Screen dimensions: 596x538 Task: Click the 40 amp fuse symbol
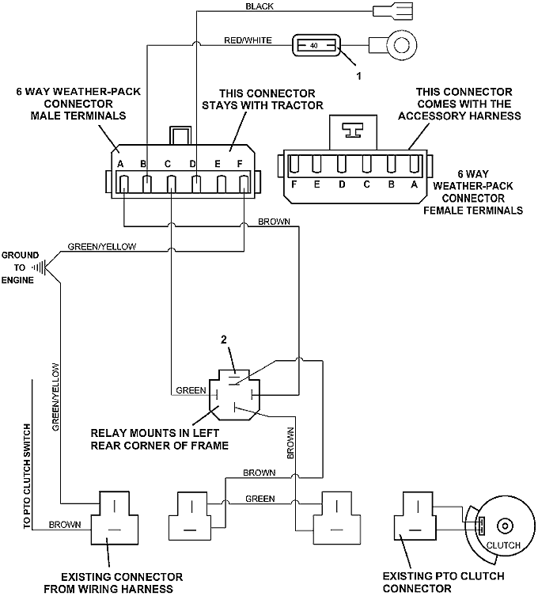coord(315,46)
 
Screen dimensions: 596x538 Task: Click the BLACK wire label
coord(260,6)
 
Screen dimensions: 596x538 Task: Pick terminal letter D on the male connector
coord(193,164)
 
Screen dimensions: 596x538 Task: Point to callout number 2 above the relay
coord(224,340)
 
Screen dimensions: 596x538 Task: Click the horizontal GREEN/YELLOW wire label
coord(102,246)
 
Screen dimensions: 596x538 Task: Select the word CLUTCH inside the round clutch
coord(503,545)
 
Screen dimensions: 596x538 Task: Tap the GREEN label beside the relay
coord(191,390)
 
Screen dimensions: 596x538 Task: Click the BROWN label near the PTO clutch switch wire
coord(64,525)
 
